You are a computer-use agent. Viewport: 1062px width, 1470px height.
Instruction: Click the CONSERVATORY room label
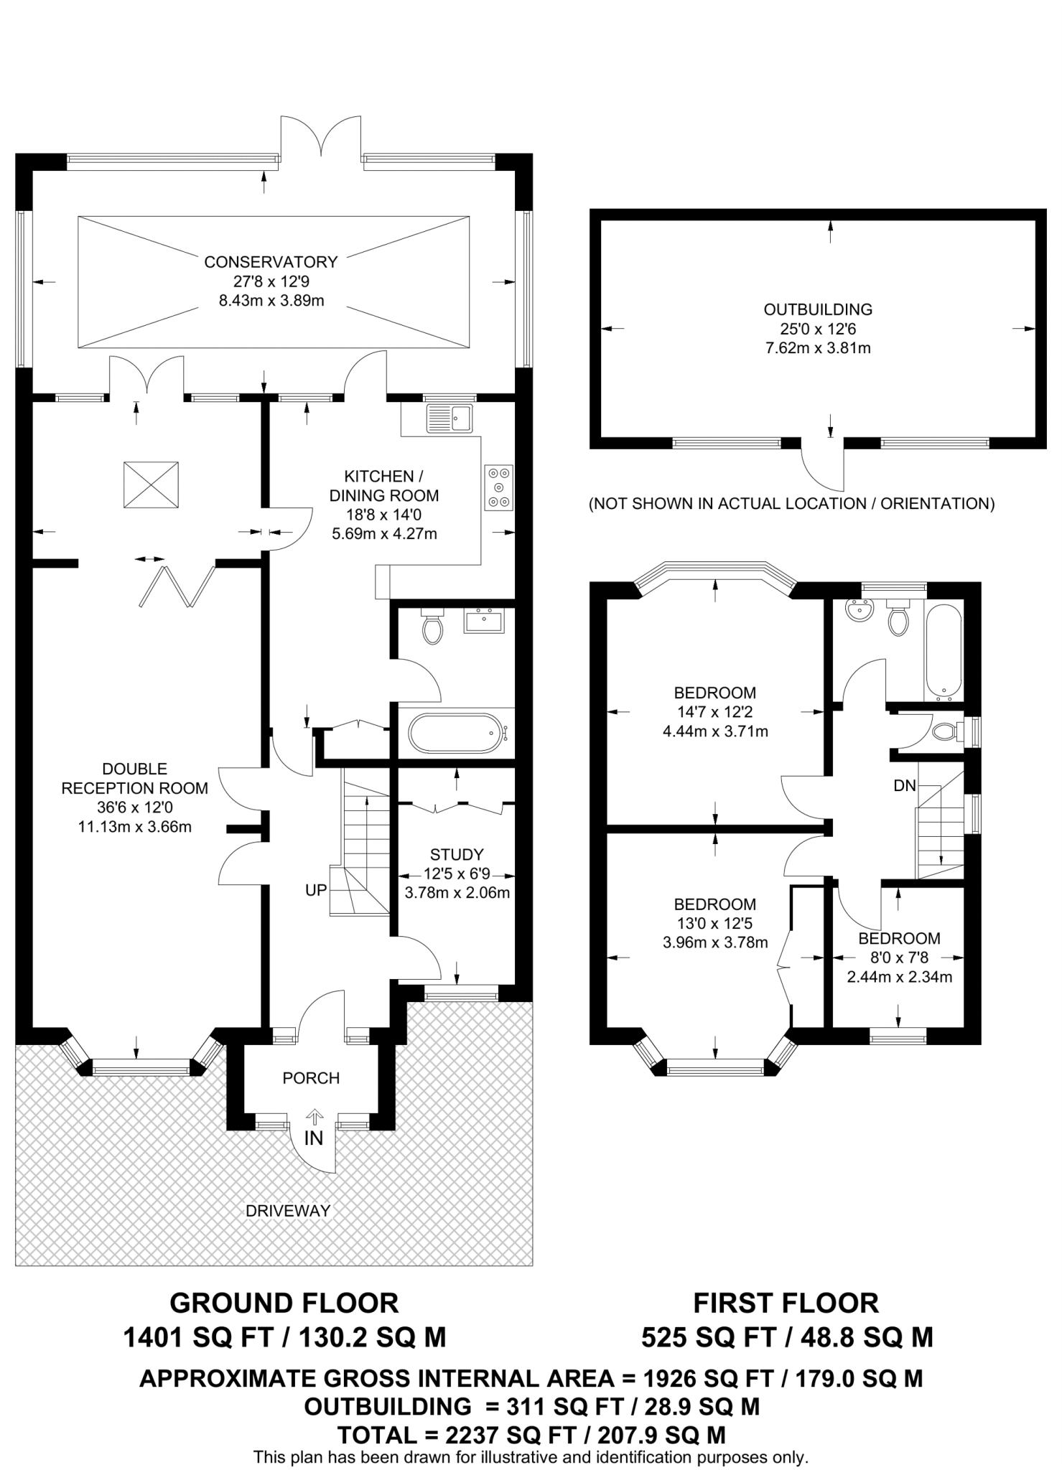[x=271, y=262]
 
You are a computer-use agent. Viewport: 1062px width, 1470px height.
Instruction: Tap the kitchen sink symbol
[x=450, y=418]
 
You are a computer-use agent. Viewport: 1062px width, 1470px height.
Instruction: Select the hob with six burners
[x=499, y=488]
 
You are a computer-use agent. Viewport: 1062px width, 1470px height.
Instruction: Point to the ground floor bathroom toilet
[x=432, y=627]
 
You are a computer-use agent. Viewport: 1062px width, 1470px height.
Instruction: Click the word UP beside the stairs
[x=316, y=890]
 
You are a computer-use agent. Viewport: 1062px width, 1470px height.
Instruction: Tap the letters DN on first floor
[x=905, y=786]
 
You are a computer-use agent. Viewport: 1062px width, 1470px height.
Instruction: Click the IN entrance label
[x=314, y=1138]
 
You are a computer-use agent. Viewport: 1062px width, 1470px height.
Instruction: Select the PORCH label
[x=311, y=1078]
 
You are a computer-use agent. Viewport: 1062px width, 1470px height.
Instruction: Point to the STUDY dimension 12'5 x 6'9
[x=457, y=874]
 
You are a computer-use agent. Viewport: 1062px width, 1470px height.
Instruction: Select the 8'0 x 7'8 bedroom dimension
[x=899, y=958]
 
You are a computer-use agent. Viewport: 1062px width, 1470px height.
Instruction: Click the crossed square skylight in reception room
[x=151, y=485]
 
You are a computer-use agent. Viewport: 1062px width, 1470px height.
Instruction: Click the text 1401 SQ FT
[x=199, y=1337]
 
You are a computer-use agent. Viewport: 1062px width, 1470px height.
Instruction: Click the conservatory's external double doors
[x=320, y=136]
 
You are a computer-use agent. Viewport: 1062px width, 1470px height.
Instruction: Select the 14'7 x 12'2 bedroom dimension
[x=714, y=712]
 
